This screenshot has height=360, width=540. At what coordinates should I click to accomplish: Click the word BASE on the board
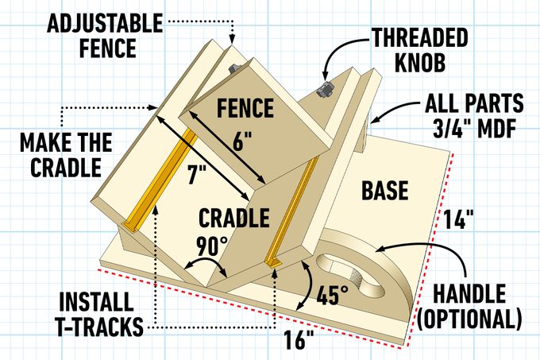tap(384, 191)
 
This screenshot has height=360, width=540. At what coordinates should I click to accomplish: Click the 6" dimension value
tap(242, 142)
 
